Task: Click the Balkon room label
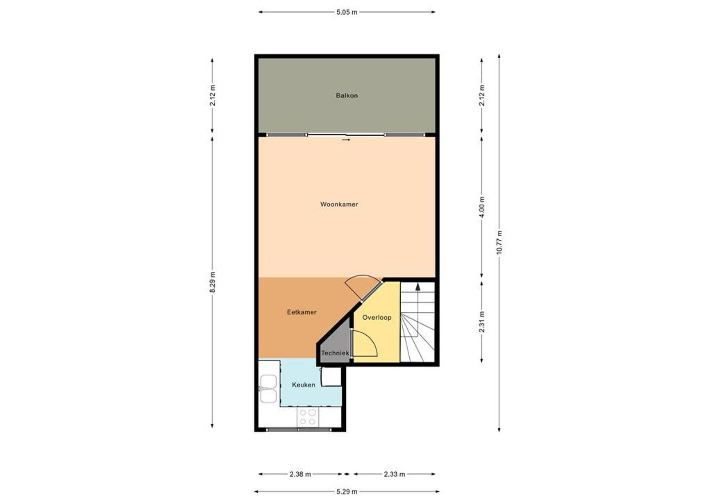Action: point(347,96)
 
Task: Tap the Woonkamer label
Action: point(339,204)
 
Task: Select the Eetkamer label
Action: point(302,312)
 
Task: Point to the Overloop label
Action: point(377,318)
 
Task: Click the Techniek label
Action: point(335,353)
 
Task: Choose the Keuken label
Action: point(304,385)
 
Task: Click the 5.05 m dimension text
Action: point(347,12)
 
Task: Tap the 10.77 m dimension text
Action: point(499,242)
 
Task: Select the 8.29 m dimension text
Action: point(212,282)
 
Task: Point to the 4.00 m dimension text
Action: point(482,207)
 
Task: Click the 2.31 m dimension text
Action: point(482,322)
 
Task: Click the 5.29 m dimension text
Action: point(347,492)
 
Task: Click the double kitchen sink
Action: point(268,389)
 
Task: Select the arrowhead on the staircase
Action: point(418,286)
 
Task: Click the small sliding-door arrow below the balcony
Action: point(346,140)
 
